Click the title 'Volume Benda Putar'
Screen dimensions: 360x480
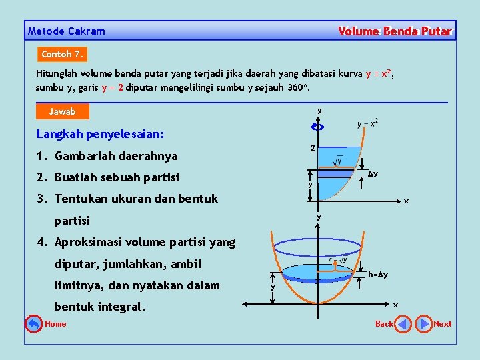click(x=395, y=31)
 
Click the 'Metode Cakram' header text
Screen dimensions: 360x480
click(x=67, y=31)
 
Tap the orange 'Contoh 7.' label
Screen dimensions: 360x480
click(x=63, y=54)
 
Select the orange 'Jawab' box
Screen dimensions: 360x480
click(x=62, y=111)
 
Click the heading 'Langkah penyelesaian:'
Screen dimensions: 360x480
click(x=100, y=134)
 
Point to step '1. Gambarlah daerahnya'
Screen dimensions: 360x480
click(x=107, y=156)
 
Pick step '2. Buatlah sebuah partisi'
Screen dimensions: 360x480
click(x=108, y=177)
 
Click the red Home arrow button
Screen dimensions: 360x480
click(x=33, y=324)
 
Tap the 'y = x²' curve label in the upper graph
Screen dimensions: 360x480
click(x=368, y=123)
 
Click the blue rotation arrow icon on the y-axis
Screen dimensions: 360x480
click(x=318, y=127)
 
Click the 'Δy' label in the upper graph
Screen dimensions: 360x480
click(x=373, y=174)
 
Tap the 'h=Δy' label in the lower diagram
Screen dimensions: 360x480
click(x=378, y=275)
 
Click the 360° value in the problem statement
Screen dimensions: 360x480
click(x=297, y=87)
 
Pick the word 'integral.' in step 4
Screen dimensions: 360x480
click(x=123, y=307)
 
